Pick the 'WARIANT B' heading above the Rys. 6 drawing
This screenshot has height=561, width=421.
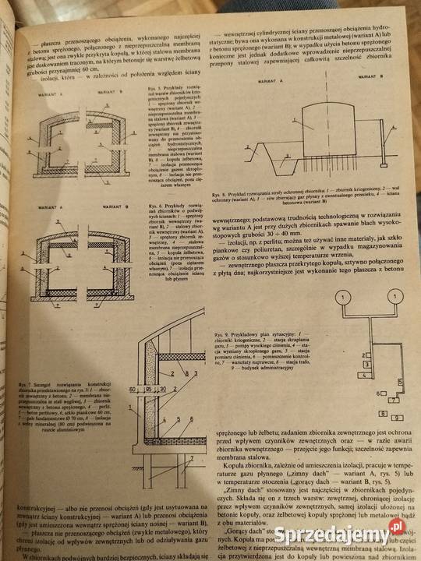[115, 208]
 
